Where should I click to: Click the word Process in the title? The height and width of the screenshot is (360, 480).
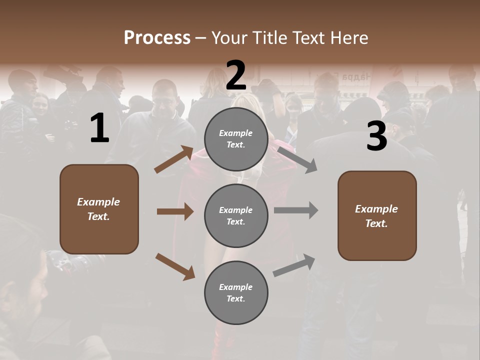click(x=157, y=37)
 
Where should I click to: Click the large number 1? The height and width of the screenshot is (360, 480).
click(x=99, y=128)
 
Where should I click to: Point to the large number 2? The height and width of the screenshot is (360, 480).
click(x=236, y=75)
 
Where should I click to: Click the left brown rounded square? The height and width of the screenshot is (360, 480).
click(x=99, y=209)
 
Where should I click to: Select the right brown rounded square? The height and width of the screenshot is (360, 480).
click(x=377, y=216)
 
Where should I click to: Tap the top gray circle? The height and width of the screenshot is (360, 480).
click(x=236, y=139)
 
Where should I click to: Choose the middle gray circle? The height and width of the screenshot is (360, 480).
click(x=236, y=215)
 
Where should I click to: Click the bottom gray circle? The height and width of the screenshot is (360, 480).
click(x=236, y=292)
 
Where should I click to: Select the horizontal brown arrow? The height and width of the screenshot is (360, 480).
click(x=175, y=211)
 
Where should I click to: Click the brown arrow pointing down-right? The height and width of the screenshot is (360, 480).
click(x=175, y=266)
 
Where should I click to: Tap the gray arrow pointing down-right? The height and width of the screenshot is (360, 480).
click(x=297, y=159)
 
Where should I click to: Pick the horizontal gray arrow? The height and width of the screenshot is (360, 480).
click(x=296, y=210)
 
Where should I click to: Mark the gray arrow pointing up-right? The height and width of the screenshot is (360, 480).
click(x=294, y=265)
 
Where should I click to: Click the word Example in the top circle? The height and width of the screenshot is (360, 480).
click(x=235, y=133)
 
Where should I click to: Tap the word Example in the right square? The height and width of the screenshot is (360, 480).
click(x=376, y=209)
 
